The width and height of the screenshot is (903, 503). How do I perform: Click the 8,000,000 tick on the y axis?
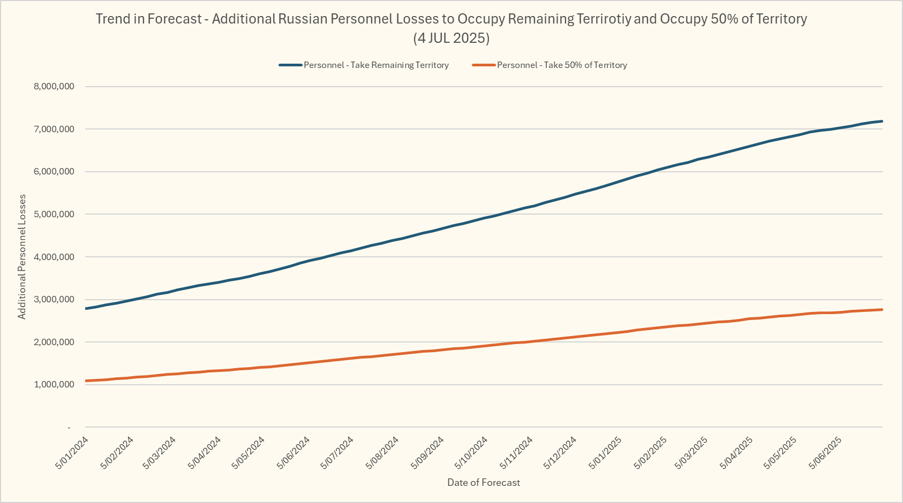click(54, 87)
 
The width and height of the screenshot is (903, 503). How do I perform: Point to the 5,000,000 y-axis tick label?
click(54, 215)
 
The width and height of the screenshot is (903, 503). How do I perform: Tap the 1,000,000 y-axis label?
click(54, 385)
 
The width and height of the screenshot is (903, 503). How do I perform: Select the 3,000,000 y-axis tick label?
click(54, 300)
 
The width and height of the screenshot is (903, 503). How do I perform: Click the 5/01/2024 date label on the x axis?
click(72, 453)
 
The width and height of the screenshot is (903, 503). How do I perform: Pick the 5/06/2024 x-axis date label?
click(294, 453)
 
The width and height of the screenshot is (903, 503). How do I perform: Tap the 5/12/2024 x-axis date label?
click(561, 453)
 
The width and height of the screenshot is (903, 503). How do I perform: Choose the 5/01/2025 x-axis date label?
click(606, 453)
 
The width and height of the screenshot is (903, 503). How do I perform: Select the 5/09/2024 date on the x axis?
click(428, 453)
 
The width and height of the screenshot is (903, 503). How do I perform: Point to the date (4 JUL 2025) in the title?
click(451, 39)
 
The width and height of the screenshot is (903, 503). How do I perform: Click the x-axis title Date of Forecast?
click(483, 483)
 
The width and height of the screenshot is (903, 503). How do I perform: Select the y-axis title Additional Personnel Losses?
click(22, 257)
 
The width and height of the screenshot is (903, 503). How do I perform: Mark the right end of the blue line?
click(882, 121)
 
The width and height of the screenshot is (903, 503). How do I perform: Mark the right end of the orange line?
click(882, 310)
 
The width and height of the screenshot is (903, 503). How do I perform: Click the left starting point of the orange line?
click(86, 381)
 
